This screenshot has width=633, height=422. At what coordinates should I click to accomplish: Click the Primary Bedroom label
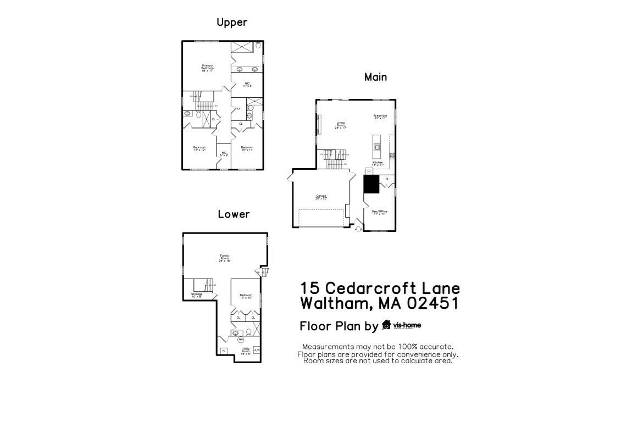[207, 68]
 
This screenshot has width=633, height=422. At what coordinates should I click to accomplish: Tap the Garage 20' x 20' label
[321, 197]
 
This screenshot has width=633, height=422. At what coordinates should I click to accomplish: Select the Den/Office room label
[380, 213]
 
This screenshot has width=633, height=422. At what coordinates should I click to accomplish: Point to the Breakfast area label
[380, 116]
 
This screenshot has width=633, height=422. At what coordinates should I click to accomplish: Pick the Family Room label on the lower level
[224, 258]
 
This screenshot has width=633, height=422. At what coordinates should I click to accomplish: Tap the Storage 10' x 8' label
[197, 296]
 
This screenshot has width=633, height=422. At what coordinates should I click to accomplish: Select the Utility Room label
[246, 351]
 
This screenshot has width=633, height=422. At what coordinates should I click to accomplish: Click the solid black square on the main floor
[372, 184]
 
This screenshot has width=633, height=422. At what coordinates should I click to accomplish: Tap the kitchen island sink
[377, 147]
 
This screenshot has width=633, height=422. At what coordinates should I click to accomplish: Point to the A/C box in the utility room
[257, 350]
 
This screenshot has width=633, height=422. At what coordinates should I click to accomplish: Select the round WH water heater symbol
[240, 340]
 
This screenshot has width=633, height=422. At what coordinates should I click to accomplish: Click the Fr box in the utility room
[224, 351]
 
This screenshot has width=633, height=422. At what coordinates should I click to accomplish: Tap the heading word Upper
[231, 23]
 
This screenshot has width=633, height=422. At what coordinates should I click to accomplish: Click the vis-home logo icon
[386, 325]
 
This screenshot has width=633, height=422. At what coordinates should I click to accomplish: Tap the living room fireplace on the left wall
[318, 124]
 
